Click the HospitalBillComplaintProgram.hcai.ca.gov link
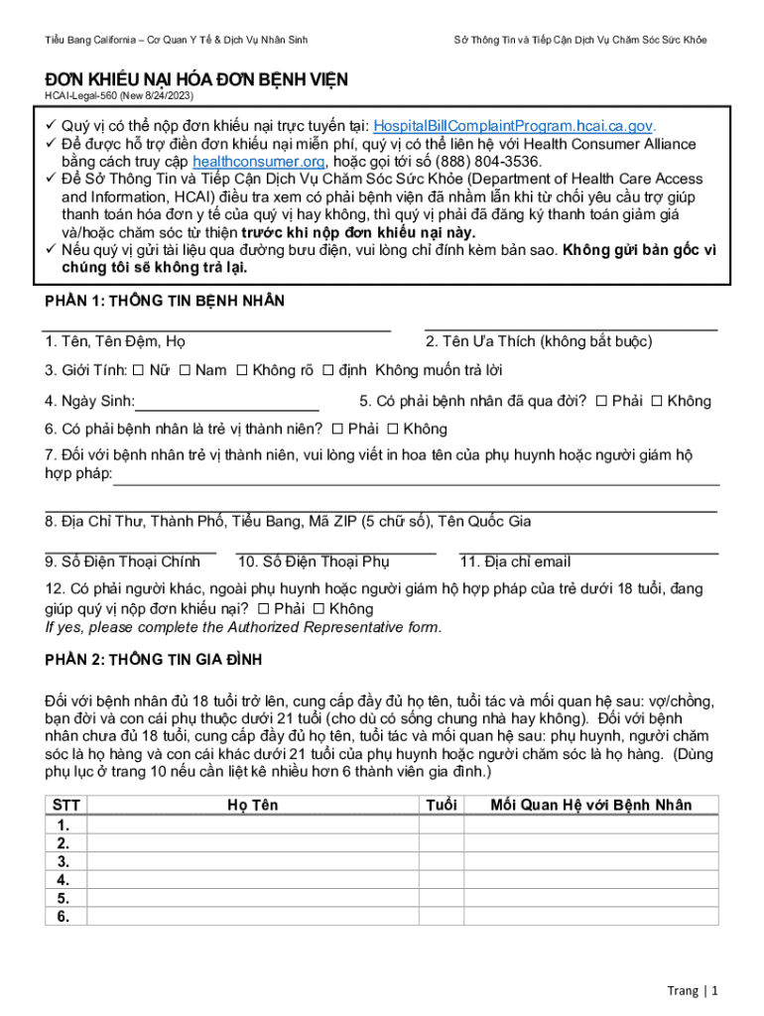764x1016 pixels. pyautogui.click(x=513, y=126)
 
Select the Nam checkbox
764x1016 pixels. pyautogui.click(x=184, y=371)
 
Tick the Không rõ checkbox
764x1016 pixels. pyautogui.click(x=241, y=371)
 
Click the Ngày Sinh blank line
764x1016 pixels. pyautogui.click(x=227, y=403)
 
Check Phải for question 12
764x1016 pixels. pyautogui.click(x=263, y=608)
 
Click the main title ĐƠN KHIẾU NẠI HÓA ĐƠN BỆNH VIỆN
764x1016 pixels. pyautogui.click(x=195, y=78)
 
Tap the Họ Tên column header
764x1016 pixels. pyautogui.click(x=252, y=805)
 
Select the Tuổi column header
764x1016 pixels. pyautogui.click(x=441, y=805)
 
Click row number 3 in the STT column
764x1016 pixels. pyautogui.click(x=64, y=861)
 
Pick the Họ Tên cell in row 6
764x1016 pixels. pyautogui.click(x=252, y=917)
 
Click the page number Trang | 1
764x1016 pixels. pyautogui.click(x=692, y=990)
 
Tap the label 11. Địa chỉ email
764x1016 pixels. pyautogui.click(x=515, y=562)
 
